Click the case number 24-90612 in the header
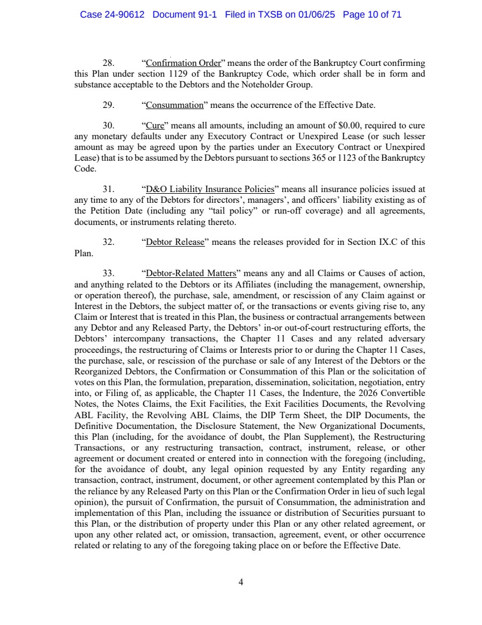[125, 15]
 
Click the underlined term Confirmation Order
[181, 64]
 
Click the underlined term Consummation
[175, 105]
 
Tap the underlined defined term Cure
[154, 126]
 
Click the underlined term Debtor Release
[175, 242]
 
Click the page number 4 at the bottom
[241, 582]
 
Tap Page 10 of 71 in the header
[372, 15]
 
